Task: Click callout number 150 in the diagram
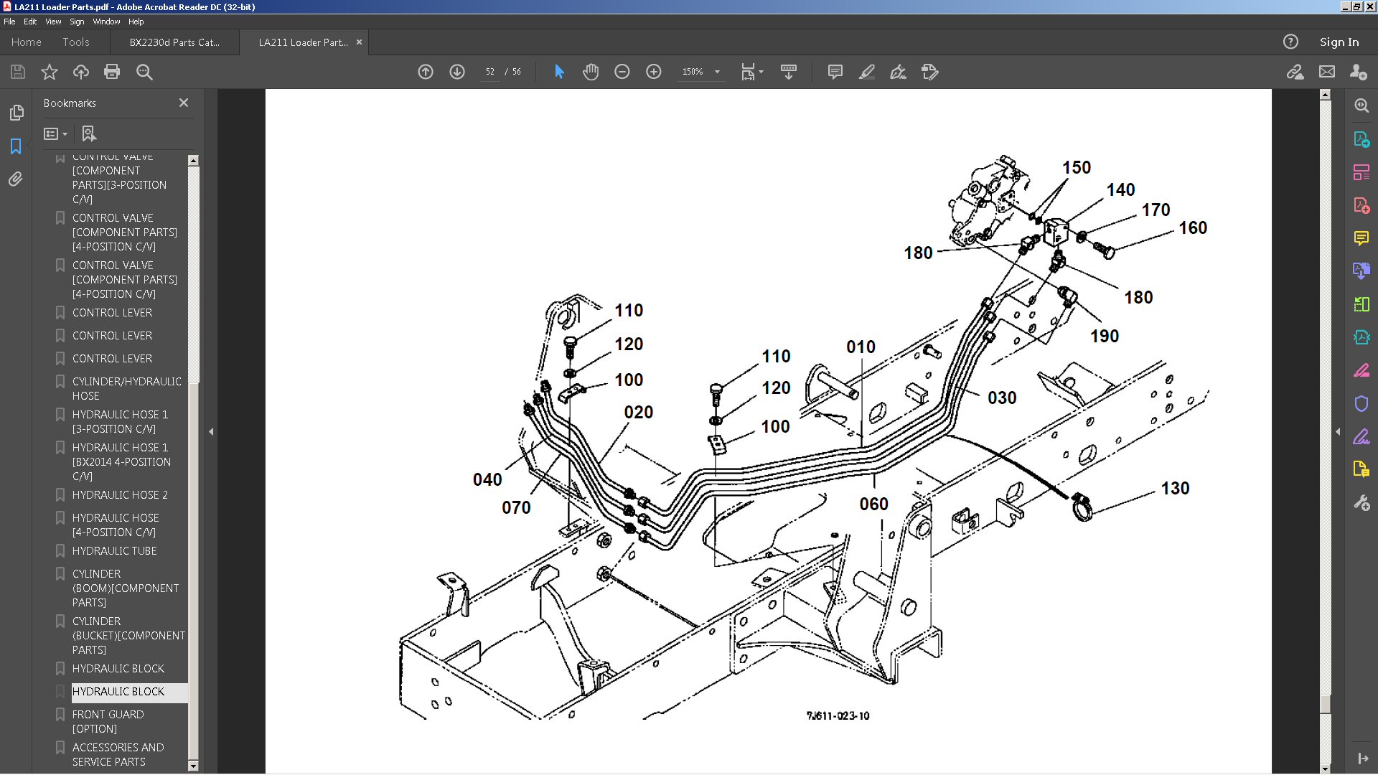click(1077, 167)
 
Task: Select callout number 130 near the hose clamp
click(1175, 488)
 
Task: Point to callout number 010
click(861, 347)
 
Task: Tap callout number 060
click(873, 504)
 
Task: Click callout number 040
click(487, 479)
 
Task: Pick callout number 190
click(1105, 336)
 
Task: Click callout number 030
click(1002, 398)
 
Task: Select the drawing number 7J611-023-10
click(838, 715)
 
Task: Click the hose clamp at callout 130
click(1082, 507)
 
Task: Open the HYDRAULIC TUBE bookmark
click(114, 551)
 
